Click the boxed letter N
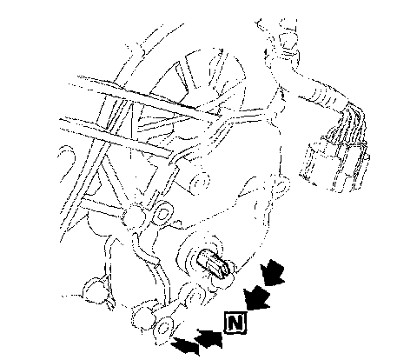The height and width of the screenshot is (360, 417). (x=235, y=323)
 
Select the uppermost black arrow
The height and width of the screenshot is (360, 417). (x=272, y=272)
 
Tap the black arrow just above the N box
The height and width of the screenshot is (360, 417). (x=256, y=297)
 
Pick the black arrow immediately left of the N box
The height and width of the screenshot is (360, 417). (x=209, y=338)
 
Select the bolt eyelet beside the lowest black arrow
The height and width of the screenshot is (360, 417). (x=164, y=328)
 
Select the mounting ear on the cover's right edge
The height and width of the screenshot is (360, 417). (x=281, y=184)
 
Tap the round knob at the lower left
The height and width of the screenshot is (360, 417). (x=93, y=290)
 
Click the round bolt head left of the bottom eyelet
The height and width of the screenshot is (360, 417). (x=142, y=316)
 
